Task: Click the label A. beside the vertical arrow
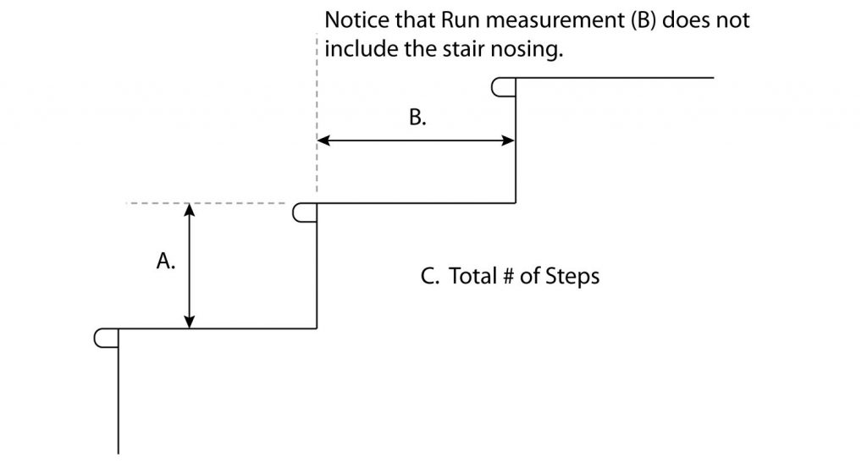[x=166, y=263]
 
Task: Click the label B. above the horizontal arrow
[x=417, y=118]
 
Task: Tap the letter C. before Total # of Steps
[x=429, y=277]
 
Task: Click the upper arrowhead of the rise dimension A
[x=190, y=212]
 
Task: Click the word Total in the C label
[x=471, y=277]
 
